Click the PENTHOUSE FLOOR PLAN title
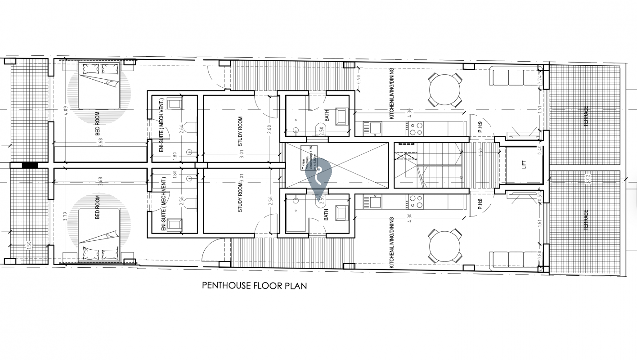point(254,285)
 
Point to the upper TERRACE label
point(586,116)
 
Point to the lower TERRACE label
point(586,220)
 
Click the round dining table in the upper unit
point(444,90)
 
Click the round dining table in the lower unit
point(444,246)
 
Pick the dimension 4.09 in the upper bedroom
point(66,111)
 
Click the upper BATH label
point(327,117)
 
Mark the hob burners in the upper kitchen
point(416,129)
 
